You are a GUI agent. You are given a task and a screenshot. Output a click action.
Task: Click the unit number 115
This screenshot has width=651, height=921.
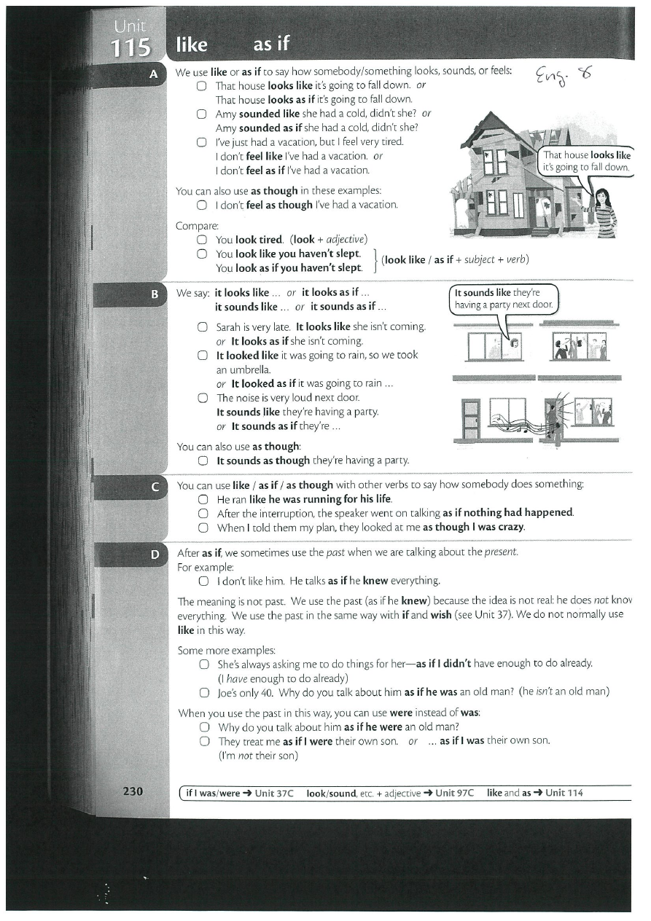[130, 48]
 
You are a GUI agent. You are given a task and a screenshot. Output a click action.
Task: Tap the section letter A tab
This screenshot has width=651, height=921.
[154, 73]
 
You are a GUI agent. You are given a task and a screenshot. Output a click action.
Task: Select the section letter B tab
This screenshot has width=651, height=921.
[154, 294]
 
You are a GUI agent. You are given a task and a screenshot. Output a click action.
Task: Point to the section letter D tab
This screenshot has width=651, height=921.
[154, 555]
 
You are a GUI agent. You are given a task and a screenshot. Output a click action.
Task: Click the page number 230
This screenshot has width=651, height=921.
[133, 791]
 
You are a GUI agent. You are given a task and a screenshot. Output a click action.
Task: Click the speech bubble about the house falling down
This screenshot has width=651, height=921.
[586, 161]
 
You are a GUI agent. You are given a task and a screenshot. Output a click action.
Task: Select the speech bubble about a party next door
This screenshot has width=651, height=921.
[503, 299]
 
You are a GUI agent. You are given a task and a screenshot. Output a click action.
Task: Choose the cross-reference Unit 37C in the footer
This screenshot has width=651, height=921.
[273, 793]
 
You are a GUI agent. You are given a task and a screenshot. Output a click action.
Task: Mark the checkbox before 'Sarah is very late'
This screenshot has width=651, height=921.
[203, 327]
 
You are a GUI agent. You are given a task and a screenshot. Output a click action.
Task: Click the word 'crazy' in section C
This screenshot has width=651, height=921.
[510, 527]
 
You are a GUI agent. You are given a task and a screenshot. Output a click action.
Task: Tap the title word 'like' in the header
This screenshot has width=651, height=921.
[192, 45]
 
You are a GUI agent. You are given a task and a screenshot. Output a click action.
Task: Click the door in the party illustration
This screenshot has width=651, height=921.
[471, 419]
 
